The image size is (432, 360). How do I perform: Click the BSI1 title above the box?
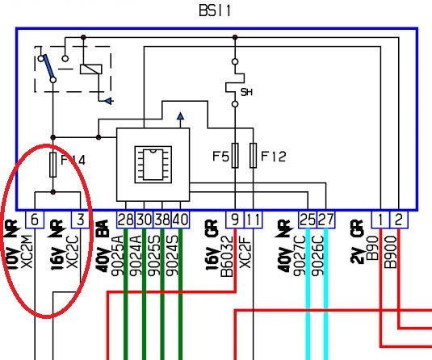click(x=215, y=11)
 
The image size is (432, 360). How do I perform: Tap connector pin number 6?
click(x=35, y=220)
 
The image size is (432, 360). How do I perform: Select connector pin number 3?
click(x=80, y=220)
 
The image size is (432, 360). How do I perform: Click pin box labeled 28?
click(x=126, y=220)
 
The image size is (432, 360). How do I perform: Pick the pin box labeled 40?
click(x=180, y=220)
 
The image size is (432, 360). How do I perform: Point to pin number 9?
click(x=235, y=220)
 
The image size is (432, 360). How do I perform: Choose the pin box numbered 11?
click(x=254, y=220)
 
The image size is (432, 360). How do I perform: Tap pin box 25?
click(x=308, y=220)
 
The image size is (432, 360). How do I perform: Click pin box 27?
click(x=326, y=220)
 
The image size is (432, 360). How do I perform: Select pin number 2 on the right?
click(x=399, y=220)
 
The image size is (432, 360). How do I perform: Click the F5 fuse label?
click(x=220, y=157)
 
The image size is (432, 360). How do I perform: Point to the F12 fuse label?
click(x=273, y=157)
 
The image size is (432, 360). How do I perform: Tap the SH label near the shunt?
click(x=246, y=92)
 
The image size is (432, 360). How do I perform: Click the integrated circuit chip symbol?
click(x=153, y=165)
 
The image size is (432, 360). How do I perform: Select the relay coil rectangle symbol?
click(x=91, y=69)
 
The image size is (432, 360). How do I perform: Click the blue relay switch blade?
click(x=48, y=66)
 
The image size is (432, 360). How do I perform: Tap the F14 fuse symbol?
click(x=53, y=165)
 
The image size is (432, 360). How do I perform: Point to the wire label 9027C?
click(x=300, y=256)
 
